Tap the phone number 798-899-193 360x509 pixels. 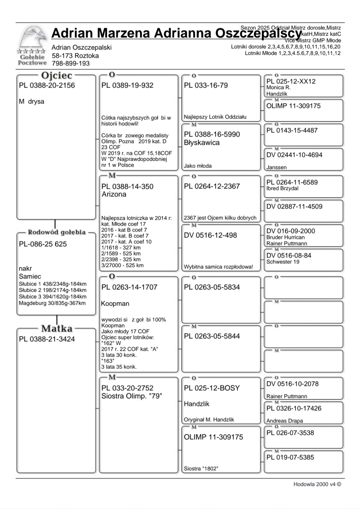click(x=70, y=63)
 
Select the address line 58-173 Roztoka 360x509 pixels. click(x=75, y=55)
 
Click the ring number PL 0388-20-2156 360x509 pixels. click(x=47, y=85)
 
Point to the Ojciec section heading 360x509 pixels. click(x=56, y=75)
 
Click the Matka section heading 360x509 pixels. click(x=57, y=328)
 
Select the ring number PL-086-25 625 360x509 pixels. click(x=43, y=244)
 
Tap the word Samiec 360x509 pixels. click(x=30, y=276)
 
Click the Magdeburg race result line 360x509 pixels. click(x=52, y=303)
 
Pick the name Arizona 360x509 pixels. click(x=114, y=194)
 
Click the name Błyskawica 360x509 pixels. click(x=202, y=142)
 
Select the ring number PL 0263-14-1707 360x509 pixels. click(x=129, y=287)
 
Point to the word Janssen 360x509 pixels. click(x=276, y=167)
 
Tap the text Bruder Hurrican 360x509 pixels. click(x=286, y=237)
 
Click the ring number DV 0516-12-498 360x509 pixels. click(x=210, y=235)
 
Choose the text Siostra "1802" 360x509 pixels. click(x=201, y=469)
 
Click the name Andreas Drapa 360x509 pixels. click(x=285, y=421)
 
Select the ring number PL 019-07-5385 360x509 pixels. click(x=290, y=457)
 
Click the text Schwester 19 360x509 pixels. click(x=283, y=262)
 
